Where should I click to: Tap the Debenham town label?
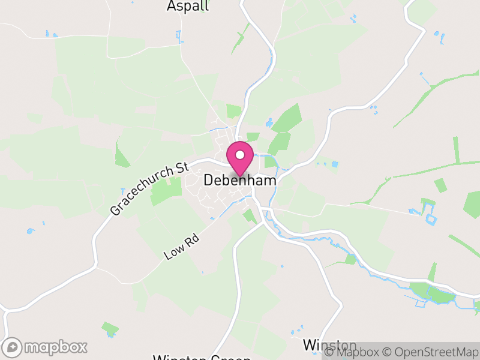[240, 180]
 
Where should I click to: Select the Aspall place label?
[188, 6]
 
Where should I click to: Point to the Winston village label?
[329, 346]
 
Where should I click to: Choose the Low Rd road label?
[181, 246]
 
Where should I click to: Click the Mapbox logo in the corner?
[45, 347]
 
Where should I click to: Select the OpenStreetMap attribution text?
[431, 352]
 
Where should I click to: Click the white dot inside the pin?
[240, 155]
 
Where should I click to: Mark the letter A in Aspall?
[171, 6]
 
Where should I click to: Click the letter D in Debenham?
[209, 180]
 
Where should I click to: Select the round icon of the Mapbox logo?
[13, 347]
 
